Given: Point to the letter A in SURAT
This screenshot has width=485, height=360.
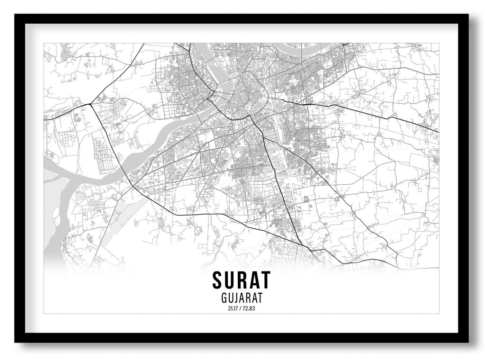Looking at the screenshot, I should pos(254,280).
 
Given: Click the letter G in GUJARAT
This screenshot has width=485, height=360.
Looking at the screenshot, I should pos(224,298).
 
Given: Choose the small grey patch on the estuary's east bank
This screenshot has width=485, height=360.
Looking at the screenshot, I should pos(80,194).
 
